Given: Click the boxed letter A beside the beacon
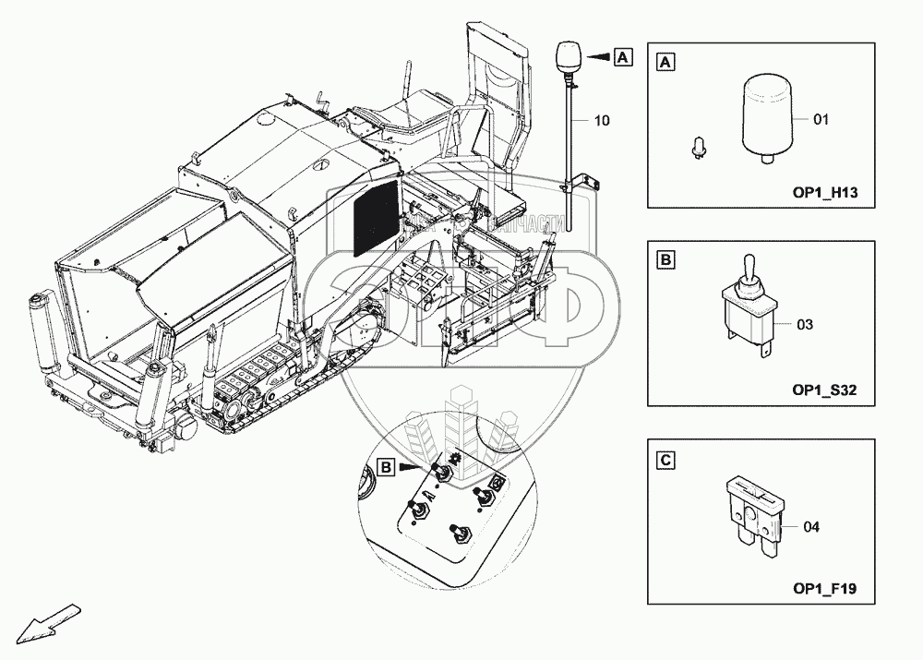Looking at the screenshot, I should (x=623, y=57).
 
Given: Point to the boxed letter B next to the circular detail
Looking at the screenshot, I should (x=387, y=469).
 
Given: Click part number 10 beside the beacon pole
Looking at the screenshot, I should (x=602, y=121).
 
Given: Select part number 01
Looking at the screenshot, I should (x=821, y=119).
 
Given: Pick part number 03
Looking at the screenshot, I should (x=805, y=325).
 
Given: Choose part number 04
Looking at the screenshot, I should (x=811, y=527).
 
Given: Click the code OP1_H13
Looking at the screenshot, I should (x=825, y=193).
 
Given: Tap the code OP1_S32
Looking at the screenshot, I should (x=825, y=390).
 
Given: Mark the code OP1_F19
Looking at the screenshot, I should (x=825, y=588).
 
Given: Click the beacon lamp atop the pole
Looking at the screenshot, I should (x=566, y=59).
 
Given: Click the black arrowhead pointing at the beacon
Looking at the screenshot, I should (x=599, y=57).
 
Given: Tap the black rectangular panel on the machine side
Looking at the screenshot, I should (x=376, y=219).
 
